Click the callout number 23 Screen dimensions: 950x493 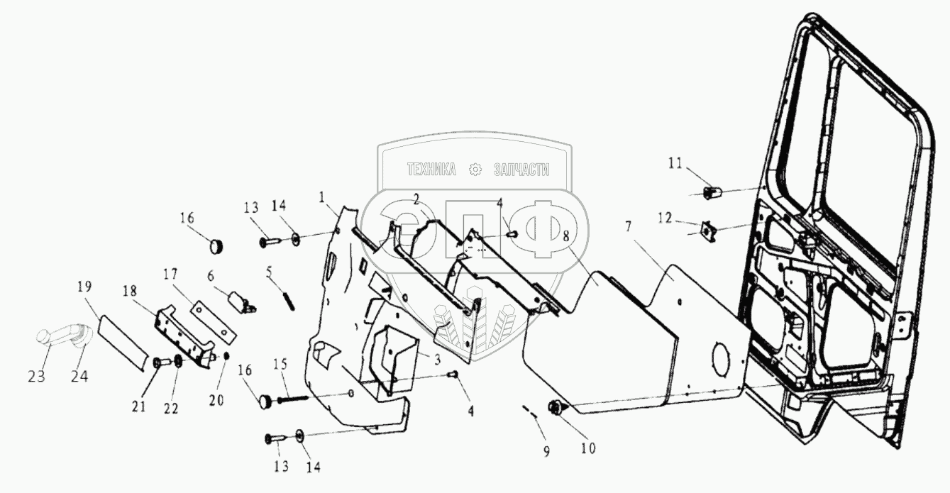[x=36, y=377]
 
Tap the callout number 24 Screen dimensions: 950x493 [x=79, y=376]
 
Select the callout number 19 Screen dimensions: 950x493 [x=84, y=287]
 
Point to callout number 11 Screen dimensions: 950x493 [x=675, y=163]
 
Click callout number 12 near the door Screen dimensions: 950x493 [x=665, y=218]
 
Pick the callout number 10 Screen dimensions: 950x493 [x=588, y=448]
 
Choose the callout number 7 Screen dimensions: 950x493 [x=628, y=227]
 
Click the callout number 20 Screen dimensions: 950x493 [x=216, y=400]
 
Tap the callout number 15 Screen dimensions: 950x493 [x=280, y=364]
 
